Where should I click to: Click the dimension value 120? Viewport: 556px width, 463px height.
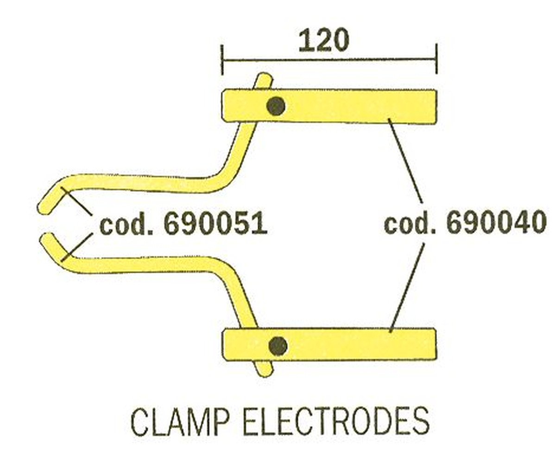[323, 41]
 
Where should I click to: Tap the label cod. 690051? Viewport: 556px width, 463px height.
[183, 225]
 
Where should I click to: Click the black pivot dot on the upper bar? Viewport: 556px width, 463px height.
[276, 106]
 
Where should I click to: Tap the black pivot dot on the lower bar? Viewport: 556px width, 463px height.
[278, 345]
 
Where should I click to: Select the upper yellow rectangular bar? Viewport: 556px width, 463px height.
[352, 106]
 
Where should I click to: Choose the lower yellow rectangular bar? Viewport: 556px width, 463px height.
[352, 344]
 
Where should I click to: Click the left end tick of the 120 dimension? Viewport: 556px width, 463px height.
[223, 60]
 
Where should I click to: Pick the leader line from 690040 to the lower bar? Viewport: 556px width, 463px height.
[407, 287]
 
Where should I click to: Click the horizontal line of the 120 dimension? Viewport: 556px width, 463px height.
[329, 60]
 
